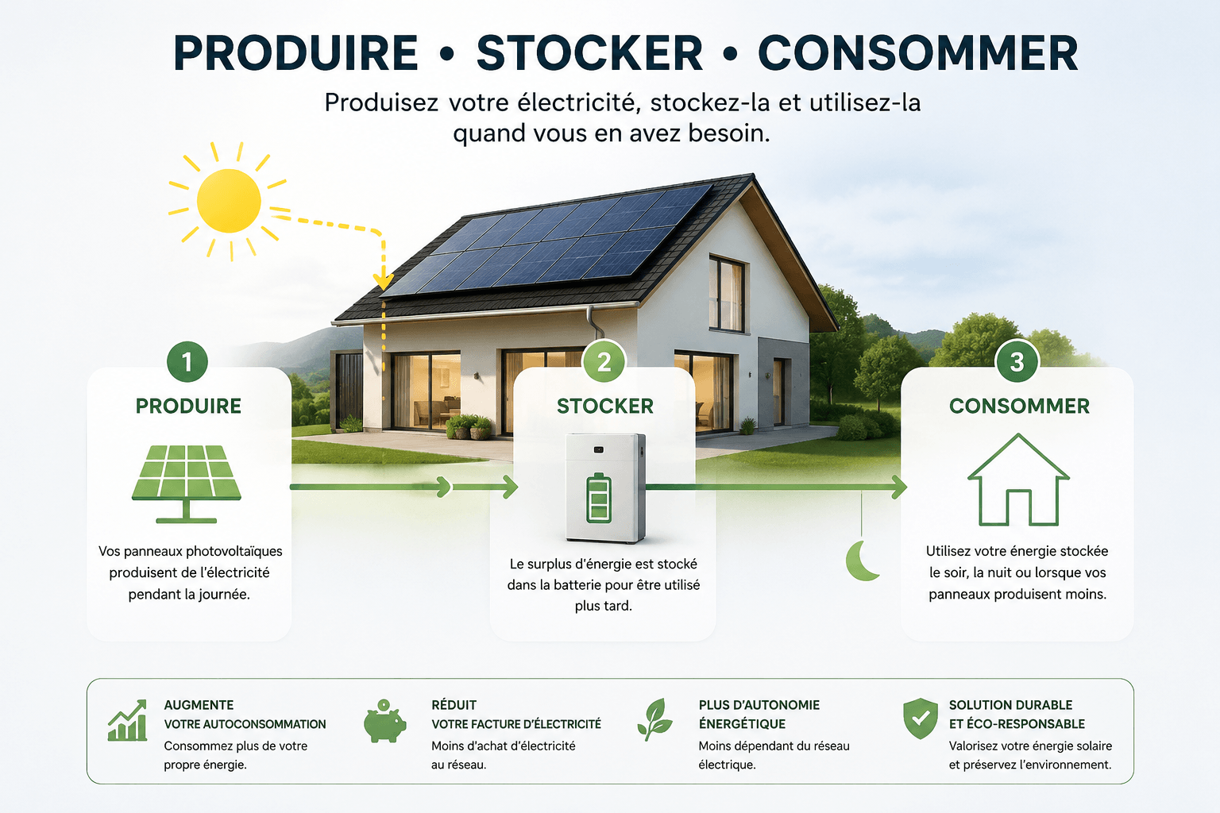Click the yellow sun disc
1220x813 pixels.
click(x=229, y=200)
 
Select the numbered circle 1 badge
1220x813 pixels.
click(x=187, y=361)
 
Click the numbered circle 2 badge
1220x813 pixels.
click(x=604, y=361)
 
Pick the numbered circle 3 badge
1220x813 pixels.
click(x=1017, y=361)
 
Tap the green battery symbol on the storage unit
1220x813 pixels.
click(x=599, y=498)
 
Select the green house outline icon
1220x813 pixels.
click(x=1018, y=480)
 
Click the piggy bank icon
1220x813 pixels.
click(x=384, y=721)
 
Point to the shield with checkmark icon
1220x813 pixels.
click(x=921, y=719)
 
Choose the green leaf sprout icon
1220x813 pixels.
click(x=655, y=719)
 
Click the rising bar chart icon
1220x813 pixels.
click(x=127, y=720)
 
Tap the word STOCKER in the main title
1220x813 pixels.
click(x=589, y=53)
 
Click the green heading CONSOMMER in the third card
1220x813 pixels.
click(x=1019, y=406)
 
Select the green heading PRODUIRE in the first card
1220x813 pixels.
click(x=188, y=406)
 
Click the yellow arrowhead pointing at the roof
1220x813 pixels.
click(x=384, y=282)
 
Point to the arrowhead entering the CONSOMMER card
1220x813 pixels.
click(x=898, y=487)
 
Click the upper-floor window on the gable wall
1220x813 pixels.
click(x=727, y=293)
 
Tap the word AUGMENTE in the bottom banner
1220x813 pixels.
click(x=199, y=705)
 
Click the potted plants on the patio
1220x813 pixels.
click(x=469, y=426)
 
